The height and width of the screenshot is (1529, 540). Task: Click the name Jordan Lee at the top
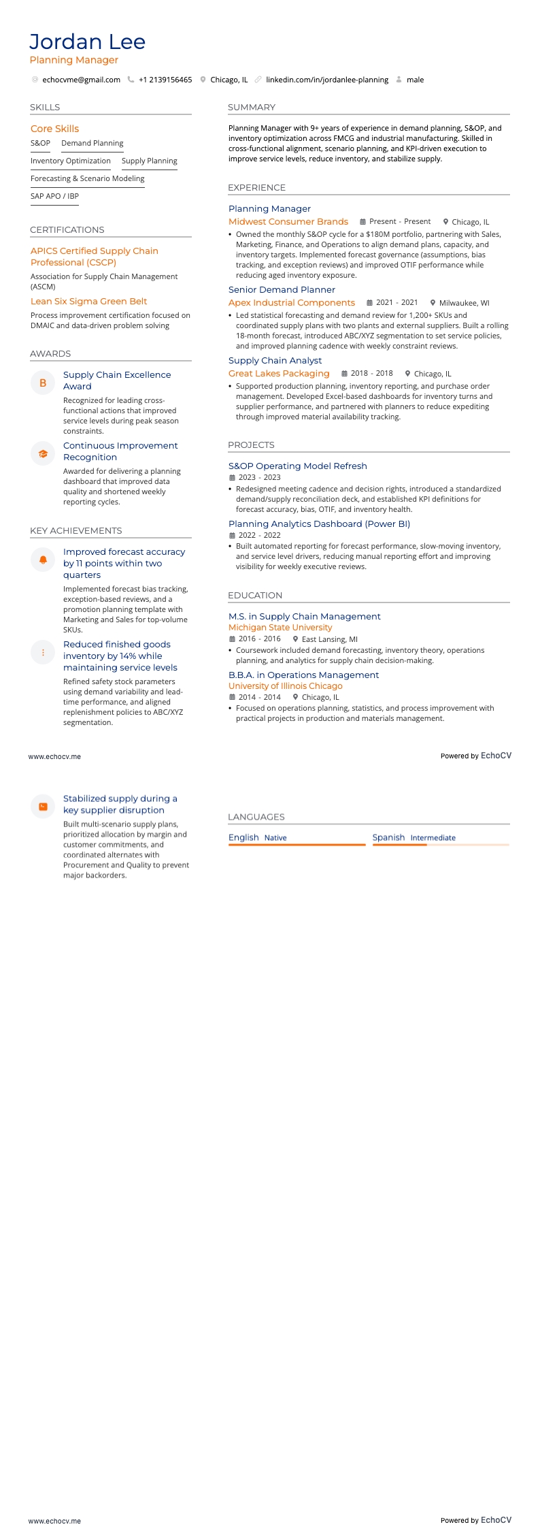point(87,42)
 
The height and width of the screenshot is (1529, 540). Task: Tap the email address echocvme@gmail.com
point(81,80)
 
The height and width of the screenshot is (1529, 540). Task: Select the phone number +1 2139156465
point(165,80)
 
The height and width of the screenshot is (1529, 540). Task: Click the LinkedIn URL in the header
point(326,80)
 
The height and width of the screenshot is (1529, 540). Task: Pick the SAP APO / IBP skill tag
point(54,196)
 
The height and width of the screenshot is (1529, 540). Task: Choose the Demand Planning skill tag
point(92,143)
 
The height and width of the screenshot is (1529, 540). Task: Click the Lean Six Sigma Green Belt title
point(88,301)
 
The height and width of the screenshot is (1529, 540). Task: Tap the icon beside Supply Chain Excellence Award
point(43,383)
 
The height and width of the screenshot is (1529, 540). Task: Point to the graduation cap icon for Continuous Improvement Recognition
point(43,453)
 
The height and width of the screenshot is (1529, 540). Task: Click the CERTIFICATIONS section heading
point(67,230)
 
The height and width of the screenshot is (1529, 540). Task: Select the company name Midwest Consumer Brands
point(288,221)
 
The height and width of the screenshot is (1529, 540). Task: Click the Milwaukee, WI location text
point(464,303)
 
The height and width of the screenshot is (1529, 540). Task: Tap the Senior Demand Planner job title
point(282,289)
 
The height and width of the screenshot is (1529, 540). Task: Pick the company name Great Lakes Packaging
point(279,373)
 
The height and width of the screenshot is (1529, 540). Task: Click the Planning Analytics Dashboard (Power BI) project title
point(319,524)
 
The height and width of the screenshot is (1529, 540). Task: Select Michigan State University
point(280,627)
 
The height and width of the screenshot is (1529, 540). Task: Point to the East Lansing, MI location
point(329,639)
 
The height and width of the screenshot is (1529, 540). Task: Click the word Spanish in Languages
point(388,837)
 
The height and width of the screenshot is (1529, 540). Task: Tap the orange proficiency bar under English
point(297,845)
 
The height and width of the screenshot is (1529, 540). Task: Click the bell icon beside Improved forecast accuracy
point(43,560)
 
